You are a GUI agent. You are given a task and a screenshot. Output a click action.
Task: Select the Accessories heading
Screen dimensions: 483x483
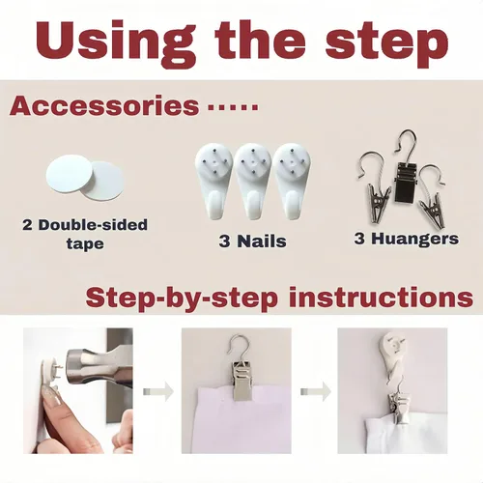pyautogui.click(x=104, y=105)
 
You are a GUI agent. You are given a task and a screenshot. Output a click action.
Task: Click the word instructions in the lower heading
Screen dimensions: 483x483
pyautogui.click(x=381, y=298)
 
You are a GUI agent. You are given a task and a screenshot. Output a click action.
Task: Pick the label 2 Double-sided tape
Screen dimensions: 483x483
pyautogui.click(x=85, y=234)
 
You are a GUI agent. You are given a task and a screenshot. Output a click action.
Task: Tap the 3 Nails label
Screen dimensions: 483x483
pyautogui.click(x=252, y=241)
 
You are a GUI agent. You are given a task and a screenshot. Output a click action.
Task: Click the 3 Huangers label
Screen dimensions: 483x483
pyautogui.click(x=407, y=239)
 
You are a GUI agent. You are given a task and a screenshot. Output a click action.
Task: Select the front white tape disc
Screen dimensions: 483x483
pyautogui.click(x=70, y=174)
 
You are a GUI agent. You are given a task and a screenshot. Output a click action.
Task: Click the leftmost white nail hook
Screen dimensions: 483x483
pyautogui.click(x=213, y=181)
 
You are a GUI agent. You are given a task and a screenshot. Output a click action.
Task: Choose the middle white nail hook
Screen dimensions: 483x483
pyautogui.click(x=253, y=181)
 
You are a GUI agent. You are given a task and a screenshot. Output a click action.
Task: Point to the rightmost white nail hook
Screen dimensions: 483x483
pyautogui.click(x=292, y=181)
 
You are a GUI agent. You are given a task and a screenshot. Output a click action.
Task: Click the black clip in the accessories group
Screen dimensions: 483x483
pyautogui.click(x=405, y=181)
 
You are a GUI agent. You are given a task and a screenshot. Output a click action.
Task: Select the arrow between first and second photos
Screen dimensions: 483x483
pyautogui.click(x=158, y=391)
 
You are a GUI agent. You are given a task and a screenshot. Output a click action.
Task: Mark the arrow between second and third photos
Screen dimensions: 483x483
pyautogui.click(x=316, y=391)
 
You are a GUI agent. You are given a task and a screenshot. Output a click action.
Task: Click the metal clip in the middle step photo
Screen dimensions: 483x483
pyautogui.click(x=241, y=381)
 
